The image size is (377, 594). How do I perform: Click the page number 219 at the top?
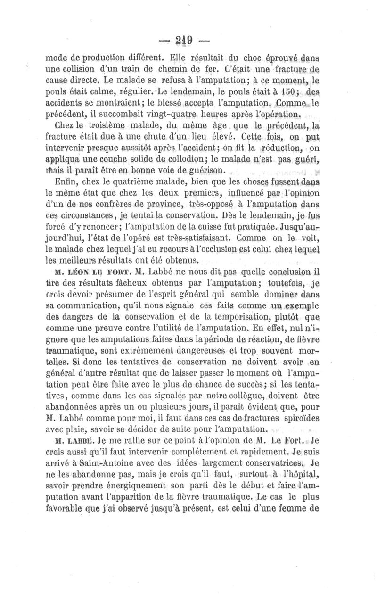coord(188,40)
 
